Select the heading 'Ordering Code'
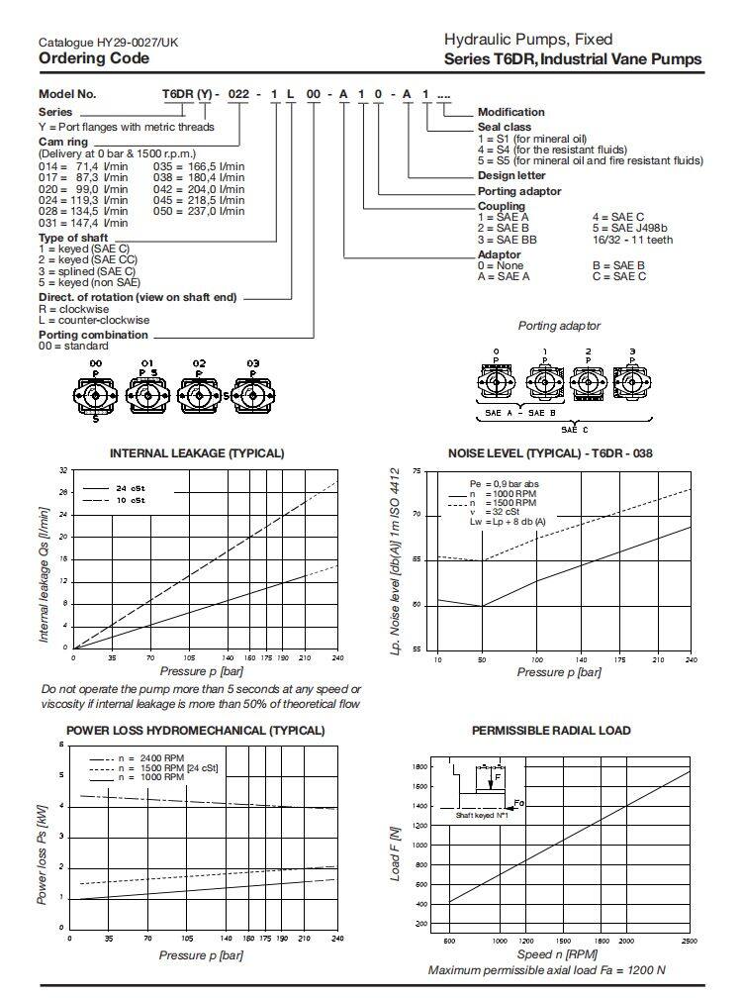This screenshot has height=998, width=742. (x=94, y=58)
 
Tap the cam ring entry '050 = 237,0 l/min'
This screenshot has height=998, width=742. (x=199, y=211)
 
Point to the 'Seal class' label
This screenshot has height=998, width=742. (x=505, y=127)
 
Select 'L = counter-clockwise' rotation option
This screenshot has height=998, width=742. (x=95, y=321)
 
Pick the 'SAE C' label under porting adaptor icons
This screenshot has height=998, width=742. (x=574, y=430)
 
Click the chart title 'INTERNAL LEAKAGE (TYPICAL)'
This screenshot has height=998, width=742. (x=197, y=453)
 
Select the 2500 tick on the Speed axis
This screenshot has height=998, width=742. (x=689, y=941)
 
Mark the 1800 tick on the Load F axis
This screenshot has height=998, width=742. (x=420, y=766)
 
